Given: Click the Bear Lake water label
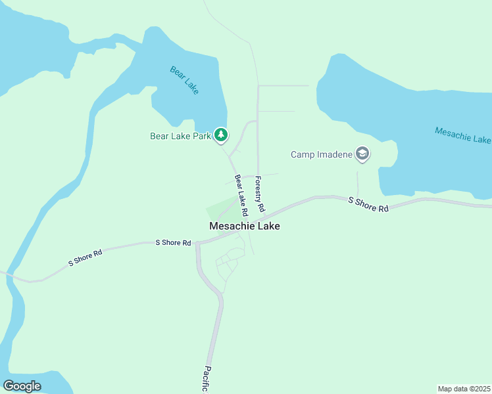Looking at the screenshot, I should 184,79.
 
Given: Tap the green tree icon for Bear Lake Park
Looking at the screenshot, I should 221,135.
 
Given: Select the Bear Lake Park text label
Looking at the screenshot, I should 180,137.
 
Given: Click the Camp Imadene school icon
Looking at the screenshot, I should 361,154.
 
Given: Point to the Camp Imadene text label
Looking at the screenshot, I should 322,155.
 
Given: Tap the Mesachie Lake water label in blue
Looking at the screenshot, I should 462,135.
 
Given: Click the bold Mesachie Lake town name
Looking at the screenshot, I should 244,226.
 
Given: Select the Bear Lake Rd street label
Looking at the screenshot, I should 240,195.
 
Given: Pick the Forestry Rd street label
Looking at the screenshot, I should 260,193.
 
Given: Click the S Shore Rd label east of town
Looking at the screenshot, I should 368,204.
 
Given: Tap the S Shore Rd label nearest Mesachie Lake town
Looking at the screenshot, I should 173,242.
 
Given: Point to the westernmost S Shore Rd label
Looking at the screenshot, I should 86,257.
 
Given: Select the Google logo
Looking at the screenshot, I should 22,386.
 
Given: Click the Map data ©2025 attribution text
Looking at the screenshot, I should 464,389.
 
